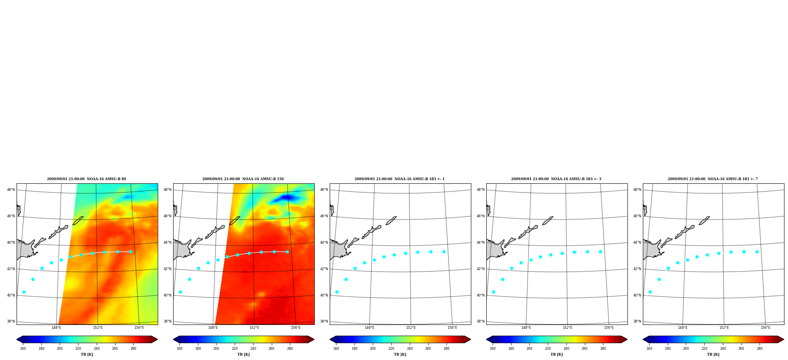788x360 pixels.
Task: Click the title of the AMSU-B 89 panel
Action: pos(86,179)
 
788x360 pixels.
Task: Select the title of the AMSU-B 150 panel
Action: pos(243,179)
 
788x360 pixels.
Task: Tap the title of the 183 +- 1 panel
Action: pos(400,179)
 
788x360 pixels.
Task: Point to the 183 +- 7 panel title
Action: pos(713,179)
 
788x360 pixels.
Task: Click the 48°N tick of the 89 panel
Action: pos(11,190)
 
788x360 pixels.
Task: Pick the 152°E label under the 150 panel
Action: pos(254,328)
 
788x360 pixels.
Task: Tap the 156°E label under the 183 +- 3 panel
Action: pos(609,328)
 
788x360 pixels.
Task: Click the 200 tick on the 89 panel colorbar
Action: pos(60,349)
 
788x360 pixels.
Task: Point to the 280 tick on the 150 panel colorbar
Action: pos(290,349)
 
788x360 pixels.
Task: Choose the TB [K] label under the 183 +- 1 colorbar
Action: pos(400,354)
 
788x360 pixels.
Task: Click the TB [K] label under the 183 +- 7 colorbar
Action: pos(713,354)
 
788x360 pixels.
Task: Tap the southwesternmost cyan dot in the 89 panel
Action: pos(24,292)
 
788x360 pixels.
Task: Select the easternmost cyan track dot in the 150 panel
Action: pos(287,252)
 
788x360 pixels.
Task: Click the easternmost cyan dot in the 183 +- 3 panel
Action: pos(600,252)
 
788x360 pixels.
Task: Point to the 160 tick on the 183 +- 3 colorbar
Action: pos(493,349)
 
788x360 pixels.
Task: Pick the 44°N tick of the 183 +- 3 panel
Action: pos(480,242)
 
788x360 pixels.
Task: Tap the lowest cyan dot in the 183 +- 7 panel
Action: pos(650,292)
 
